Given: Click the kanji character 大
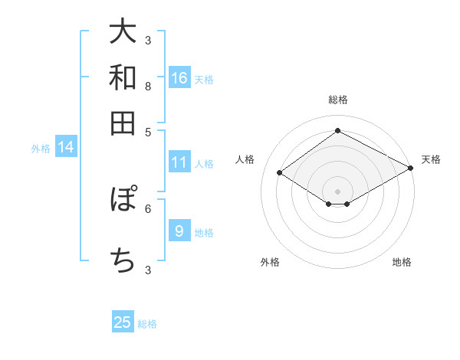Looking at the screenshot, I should click(123, 32).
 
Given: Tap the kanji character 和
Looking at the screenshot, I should click(123, 77).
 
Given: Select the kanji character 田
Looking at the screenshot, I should click(123, 123).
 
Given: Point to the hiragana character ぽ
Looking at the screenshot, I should click(123, 200).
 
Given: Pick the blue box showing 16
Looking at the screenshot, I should click(179, 77).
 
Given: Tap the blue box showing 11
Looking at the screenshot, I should click(179, 162).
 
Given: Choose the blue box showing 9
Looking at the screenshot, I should click(179, 231).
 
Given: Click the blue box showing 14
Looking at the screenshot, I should click(65, 147).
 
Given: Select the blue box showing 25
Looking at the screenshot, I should click(123, 322).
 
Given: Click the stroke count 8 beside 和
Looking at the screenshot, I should click(148, 86).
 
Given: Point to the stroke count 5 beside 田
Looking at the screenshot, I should click(148, 131).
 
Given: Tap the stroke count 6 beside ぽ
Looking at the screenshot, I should click(148, 208).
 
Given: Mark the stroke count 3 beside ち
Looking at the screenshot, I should click(148, 270).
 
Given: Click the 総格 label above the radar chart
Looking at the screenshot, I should click(337, 100).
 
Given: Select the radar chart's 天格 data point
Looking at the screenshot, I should click(412, 170).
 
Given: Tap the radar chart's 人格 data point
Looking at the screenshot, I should click(280, 173).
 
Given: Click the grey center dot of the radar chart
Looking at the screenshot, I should click(337, 191).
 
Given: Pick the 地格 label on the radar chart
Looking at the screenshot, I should click(402, 262).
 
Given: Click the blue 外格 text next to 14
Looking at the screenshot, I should click(40, 149).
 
